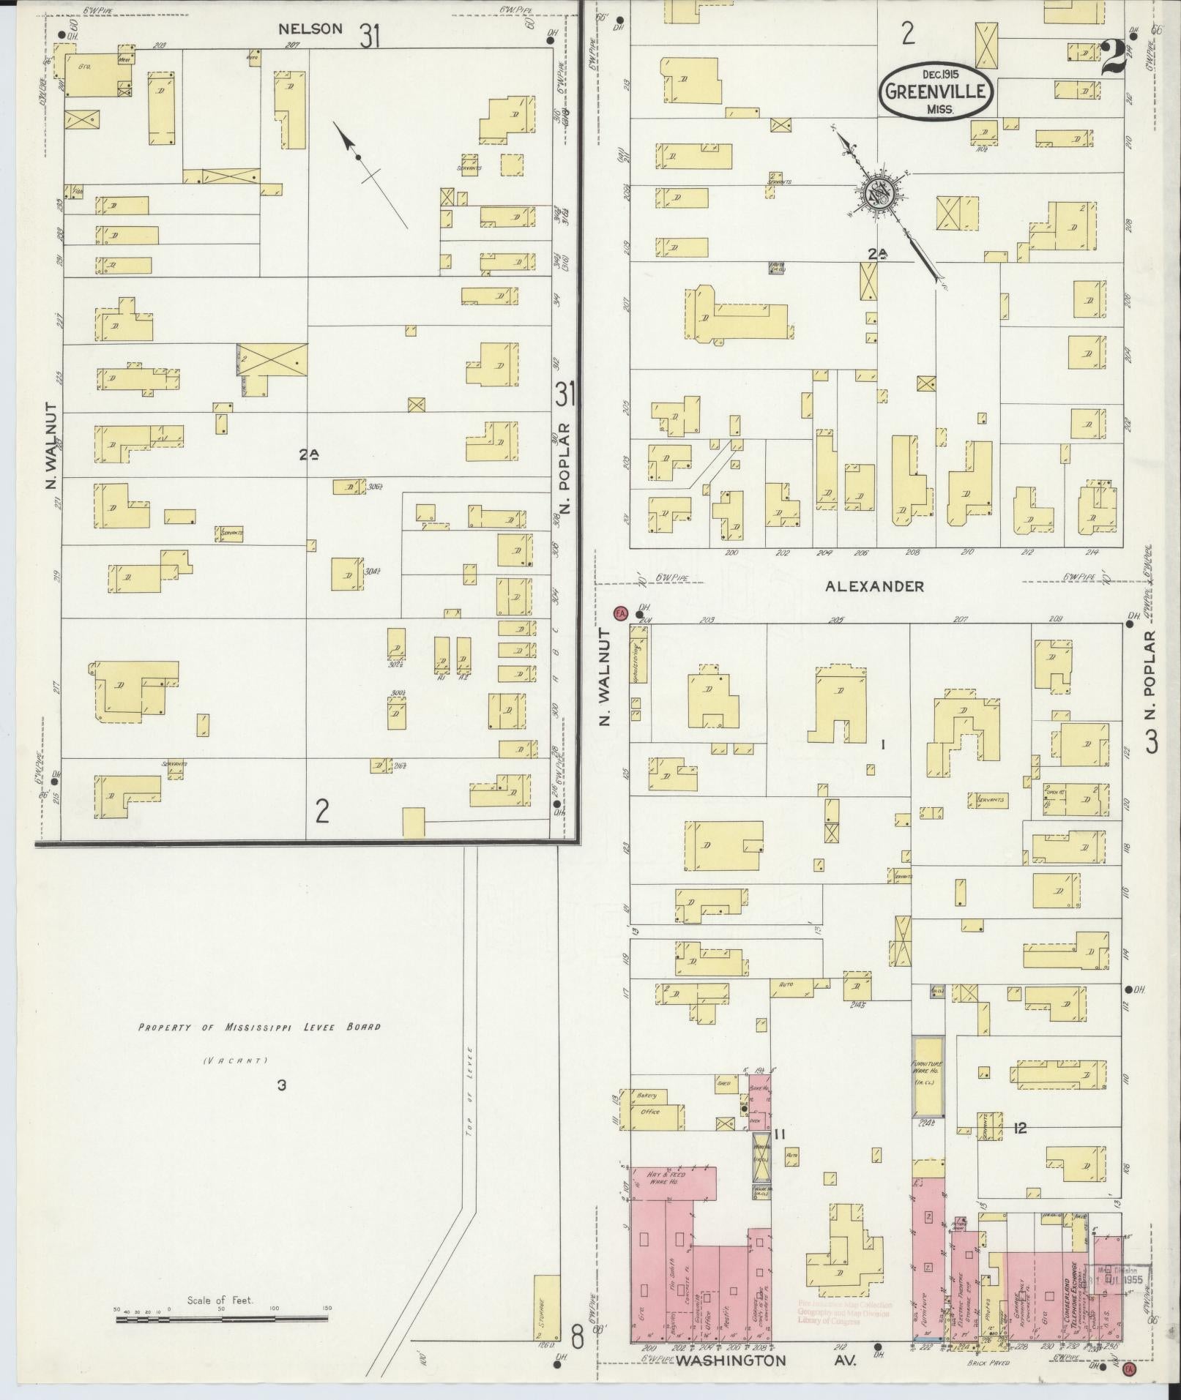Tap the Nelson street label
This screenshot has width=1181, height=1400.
pos(310,29)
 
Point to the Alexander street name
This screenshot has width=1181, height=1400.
pos(873,586)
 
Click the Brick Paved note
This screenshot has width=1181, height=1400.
pos(988,1363)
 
